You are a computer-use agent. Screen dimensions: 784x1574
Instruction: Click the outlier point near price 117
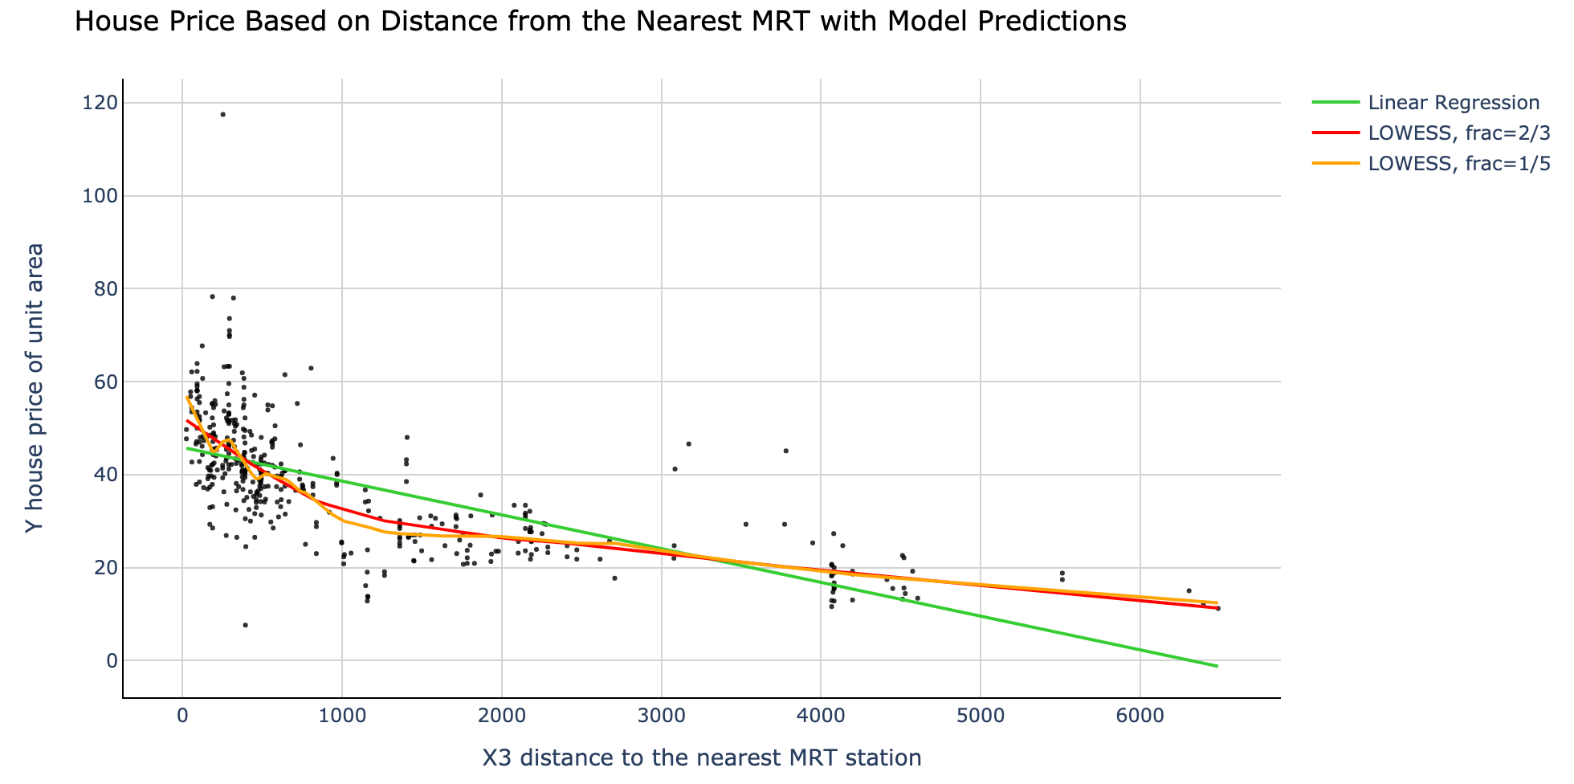(223, 114)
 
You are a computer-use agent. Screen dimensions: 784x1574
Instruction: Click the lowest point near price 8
(246, 625)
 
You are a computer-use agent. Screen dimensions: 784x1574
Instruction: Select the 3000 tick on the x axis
(662, 715)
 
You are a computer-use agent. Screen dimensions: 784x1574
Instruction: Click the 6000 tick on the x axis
(1140, 715)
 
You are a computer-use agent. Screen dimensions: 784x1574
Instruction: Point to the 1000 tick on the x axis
(342, 715)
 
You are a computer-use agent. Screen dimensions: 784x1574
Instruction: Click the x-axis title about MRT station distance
(701, 757)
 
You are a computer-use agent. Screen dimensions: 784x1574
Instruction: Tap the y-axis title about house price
(33, 388)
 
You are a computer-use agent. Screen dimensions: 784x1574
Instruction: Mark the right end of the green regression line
(1217, 666)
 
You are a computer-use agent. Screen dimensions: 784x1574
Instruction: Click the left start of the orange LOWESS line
(187, 397)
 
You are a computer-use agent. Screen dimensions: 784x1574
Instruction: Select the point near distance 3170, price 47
(688, 443)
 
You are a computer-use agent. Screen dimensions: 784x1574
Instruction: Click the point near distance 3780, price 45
(785, 451)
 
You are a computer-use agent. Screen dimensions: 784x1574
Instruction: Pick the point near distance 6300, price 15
(1189, 590)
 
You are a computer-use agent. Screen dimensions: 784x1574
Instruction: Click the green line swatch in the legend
(1336, 103)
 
